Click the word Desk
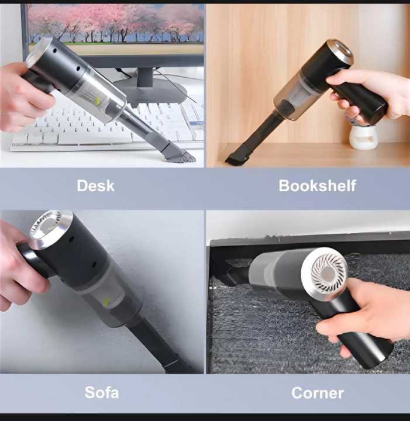(x=96, y=186)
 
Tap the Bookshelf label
(x=317, y=186)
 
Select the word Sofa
(x=102, y=391)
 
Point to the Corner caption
(x=317, y=392)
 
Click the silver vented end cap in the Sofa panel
(x=50, y=229)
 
